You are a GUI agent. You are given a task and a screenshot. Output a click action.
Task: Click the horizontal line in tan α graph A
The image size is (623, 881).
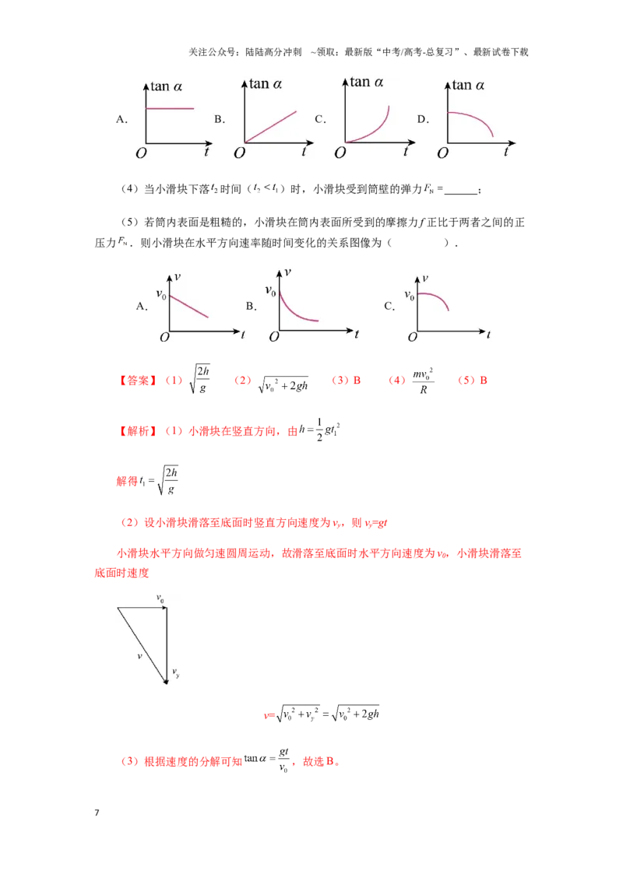pyautogui.click(x=170, y=108)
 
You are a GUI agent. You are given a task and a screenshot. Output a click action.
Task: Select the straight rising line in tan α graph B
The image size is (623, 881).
pyautogui.click(x=270, y=127)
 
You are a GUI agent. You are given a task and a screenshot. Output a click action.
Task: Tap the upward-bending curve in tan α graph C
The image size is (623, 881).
pyautogui.click(x=368, y=125)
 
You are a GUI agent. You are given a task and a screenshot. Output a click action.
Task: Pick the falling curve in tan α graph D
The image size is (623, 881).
pyautogui.click(x=470, y=123)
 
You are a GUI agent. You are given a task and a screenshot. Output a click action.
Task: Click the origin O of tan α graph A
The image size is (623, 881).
pyautogui.click(x=141, y=153)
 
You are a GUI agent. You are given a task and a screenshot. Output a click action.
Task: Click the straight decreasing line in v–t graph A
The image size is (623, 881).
pyautogui.click(x=189, y=306)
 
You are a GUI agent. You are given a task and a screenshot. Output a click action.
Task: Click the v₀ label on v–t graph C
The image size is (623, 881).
pyautogui.click(x=410, y=295)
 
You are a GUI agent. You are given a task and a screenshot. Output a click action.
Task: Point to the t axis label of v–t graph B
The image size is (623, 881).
pyautogui.click(x=357, y=334)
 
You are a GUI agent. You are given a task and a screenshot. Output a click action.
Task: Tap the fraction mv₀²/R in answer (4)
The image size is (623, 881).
pyautogui.click(x=423, y=381)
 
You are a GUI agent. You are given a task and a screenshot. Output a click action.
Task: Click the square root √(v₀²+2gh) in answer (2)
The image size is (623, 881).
pyautogui.click(x=283, y=384)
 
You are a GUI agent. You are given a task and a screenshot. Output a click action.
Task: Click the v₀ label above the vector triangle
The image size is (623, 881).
pyautogui.click(x=160, y=598)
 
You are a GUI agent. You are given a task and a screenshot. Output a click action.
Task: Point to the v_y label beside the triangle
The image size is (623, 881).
pyautogui.click(x=176, y=672)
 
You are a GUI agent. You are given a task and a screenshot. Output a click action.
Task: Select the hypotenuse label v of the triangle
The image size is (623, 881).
pyautogui.click(x=139, y=656)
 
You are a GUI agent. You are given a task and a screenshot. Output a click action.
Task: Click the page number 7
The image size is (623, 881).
pyautogui.click(x=97, y=813)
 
